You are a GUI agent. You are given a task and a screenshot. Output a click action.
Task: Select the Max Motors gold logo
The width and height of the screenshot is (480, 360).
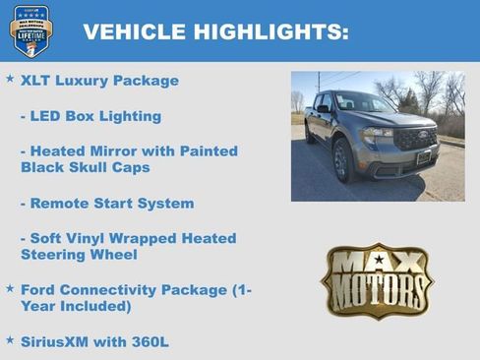(378, 280)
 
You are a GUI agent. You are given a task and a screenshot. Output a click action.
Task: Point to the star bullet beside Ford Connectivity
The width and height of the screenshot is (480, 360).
(10, 289)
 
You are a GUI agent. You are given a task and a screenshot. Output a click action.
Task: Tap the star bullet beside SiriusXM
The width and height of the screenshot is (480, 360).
(10, 339)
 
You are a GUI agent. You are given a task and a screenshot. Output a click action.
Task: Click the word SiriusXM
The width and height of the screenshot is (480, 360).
(57, 340)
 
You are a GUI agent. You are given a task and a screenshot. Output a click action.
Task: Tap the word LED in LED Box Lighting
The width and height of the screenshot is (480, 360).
(48, 116)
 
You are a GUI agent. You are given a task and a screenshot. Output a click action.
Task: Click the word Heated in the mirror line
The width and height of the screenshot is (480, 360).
(64, 150)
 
